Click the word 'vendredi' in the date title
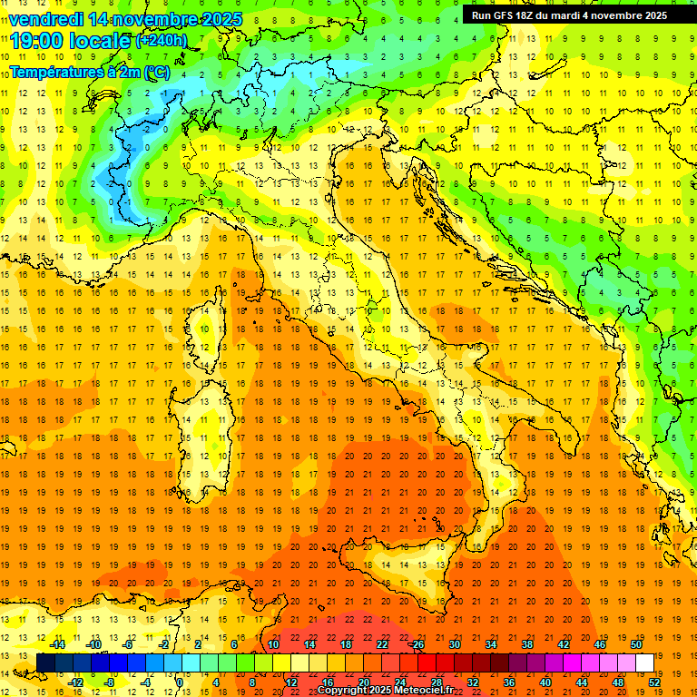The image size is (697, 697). (45, 19)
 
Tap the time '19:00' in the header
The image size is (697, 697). (42, 41)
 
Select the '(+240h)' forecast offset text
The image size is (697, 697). (162, 41)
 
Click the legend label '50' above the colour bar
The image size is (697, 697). (636, 644)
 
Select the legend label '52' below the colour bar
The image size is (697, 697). (654, 682)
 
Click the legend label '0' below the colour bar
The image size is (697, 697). (181, 682)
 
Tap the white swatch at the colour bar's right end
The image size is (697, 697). (645, 663)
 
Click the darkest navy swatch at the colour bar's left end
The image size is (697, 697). (46, 663)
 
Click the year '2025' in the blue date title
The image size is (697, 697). (218, 19)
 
